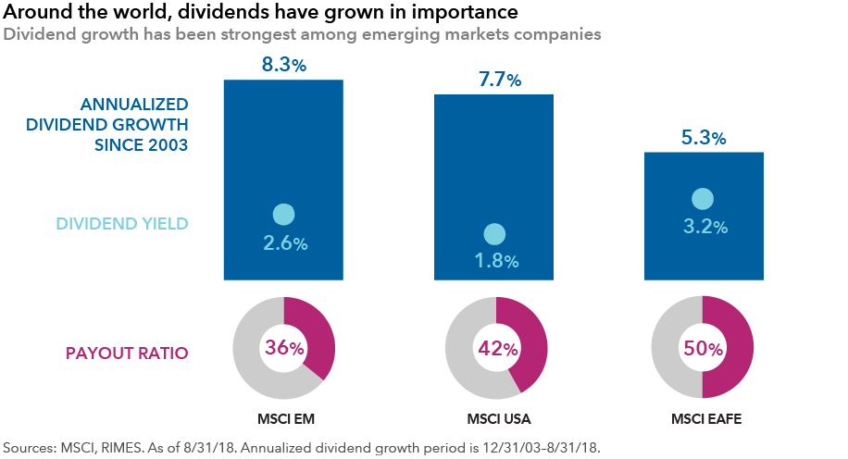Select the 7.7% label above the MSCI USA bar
tap(494, 80)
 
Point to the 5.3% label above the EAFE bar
tap(704, 138)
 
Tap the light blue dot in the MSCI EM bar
tap(283, 215)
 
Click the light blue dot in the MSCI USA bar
tap(494, 234)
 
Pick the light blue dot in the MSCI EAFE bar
tap(704, 198)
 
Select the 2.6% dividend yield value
tap(283, 243)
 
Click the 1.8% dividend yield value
tap(494, 262)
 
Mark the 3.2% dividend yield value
tap(704, 226)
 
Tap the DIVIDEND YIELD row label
tap(122, 224)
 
